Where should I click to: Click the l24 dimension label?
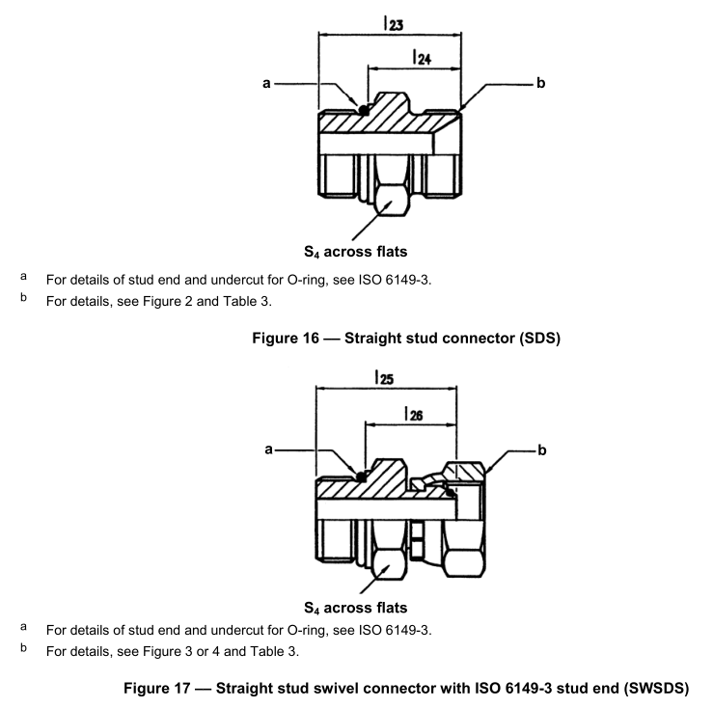click(x=421, y=58)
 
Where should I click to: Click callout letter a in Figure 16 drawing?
click(x=266, y=85)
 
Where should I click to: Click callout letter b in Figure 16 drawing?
click(x=540, y=85)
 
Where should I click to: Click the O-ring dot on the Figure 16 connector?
click(x=364, y=109)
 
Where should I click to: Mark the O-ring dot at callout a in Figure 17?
click(x=360, y=476)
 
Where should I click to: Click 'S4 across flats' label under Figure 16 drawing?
click(x=355, y=252)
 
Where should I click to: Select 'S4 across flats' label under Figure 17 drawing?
click(x=355, y=608)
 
